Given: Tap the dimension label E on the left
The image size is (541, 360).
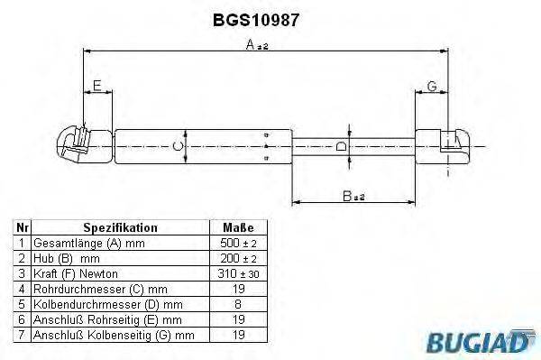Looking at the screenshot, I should (96, 87).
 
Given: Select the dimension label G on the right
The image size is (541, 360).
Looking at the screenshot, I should (432, 87).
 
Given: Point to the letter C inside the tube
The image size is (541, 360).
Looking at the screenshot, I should (179, 144).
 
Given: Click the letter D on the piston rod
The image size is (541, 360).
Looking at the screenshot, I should (340, 145).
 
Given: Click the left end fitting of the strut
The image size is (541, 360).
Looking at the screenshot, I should (74, 144).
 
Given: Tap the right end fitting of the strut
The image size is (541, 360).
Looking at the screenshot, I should (454, 144).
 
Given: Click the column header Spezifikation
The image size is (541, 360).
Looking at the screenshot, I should (120, 228).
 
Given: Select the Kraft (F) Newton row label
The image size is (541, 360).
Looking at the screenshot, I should (75, 274).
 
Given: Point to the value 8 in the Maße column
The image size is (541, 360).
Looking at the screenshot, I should (237, 305).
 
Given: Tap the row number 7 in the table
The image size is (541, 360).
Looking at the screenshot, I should (22, 336).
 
